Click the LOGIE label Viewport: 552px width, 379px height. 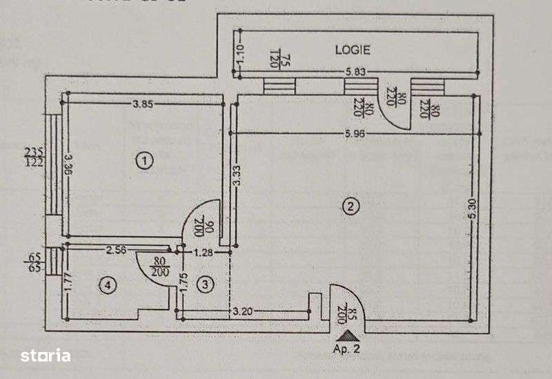[x=353, y=50]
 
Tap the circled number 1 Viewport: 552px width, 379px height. [x=144, y=162]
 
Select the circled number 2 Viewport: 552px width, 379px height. [x=351, y=205]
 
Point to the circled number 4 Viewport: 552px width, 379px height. [x=106, y=284]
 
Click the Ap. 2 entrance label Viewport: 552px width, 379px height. [x=347, y=349]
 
